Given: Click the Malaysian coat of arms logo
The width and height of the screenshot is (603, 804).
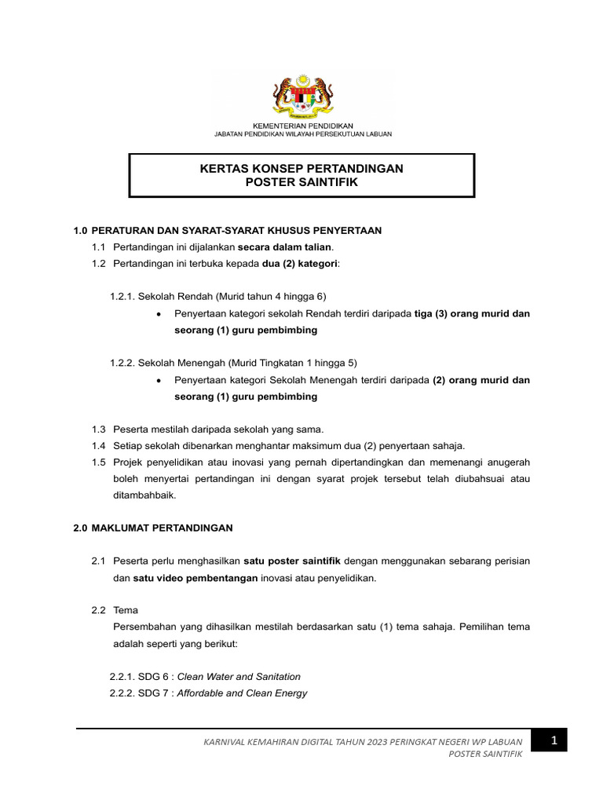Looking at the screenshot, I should point(302,95).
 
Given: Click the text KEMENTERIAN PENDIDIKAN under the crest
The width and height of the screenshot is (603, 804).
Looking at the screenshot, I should point(302,126).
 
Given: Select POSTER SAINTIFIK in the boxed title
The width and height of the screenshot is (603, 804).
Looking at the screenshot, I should point(302,182).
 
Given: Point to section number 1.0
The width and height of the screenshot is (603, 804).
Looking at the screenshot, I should point(79,230).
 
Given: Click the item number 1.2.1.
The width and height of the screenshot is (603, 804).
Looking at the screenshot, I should point(122,297).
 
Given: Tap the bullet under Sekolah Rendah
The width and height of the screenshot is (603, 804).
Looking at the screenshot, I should point(159,314).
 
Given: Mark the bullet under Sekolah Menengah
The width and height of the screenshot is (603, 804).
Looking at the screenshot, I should point(159,381).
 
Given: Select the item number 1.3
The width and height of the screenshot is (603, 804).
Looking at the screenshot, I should point(98,429).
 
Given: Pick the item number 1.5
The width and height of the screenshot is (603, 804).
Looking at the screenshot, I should point(98,462).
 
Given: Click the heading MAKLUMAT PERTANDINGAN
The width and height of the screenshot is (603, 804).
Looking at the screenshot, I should point(162,528).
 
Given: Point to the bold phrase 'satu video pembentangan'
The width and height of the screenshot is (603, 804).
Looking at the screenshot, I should point(185,578).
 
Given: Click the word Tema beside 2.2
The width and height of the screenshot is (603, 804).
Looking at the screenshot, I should point(126,610).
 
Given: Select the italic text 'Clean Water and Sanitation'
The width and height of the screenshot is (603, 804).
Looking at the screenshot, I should point(238,677).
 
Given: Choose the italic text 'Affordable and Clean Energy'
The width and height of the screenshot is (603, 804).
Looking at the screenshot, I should point(242,693).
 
